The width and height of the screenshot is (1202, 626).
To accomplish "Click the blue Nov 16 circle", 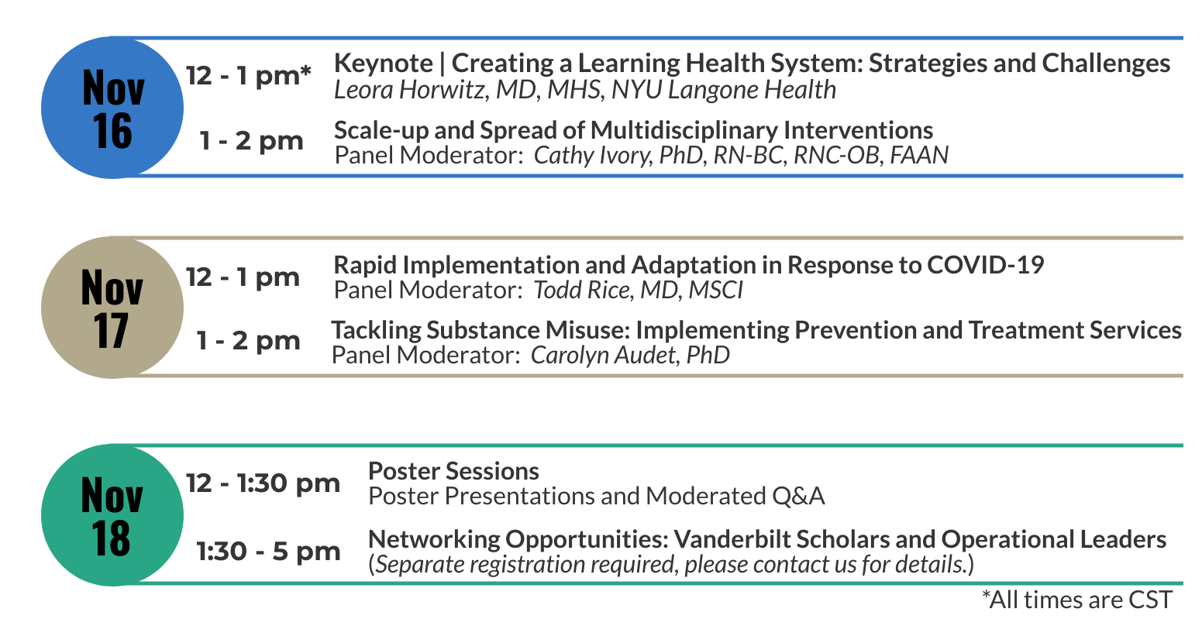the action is (x=112, y=108).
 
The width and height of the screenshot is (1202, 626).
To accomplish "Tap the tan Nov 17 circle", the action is (x=112, y=308).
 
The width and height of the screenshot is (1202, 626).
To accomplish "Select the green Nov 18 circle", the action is (x=112, y=515).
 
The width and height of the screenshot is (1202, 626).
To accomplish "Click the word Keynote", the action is (x=383, y=64).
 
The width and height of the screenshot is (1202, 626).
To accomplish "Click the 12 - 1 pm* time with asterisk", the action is (x=249, y=75).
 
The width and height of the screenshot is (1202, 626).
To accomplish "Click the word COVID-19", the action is (x=985, y=265).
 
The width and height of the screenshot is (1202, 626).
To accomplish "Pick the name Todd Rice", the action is (x=581, y=291).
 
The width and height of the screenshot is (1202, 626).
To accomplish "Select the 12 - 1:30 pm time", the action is (x=263, y=483).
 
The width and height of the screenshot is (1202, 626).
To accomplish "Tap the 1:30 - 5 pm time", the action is (x=268, y=552).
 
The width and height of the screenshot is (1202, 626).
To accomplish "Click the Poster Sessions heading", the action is (x=453, y=472).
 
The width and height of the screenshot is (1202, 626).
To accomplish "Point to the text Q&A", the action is (x=798, y=496).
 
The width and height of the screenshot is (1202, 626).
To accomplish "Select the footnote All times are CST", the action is (x=1077, y=600).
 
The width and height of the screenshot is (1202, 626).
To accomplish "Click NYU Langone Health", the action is (x=723, y=90).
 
